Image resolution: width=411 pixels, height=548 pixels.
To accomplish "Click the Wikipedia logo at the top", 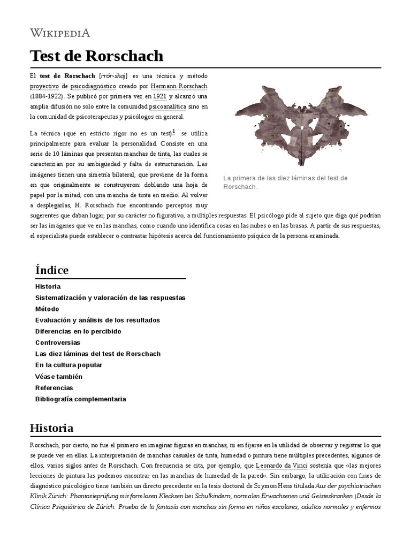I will [59, 33].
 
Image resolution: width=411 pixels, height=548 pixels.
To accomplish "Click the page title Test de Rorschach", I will [96, 56].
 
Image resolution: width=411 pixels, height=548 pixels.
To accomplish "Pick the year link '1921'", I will [159, 96].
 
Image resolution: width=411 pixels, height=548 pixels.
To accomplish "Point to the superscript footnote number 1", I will [173, 132].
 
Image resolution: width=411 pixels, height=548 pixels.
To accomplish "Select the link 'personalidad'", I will [139, 143].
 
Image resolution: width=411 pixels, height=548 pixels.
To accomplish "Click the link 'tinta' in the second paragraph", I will [163, 154].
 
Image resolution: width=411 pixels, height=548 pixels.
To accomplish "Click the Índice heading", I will [52, 270].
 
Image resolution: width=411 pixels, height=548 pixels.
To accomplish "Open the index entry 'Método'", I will [47, 309].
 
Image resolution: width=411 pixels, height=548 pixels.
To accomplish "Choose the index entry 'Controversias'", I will [57, 342].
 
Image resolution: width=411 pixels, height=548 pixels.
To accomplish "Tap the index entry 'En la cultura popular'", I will [68, 365].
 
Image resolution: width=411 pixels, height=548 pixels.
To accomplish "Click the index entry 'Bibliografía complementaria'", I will [80, 399].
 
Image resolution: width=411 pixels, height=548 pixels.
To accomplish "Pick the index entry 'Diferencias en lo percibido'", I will [78, 331].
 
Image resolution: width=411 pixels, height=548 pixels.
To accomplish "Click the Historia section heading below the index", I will [52, 428].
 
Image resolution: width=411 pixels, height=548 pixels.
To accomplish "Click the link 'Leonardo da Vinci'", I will [281, 465].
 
